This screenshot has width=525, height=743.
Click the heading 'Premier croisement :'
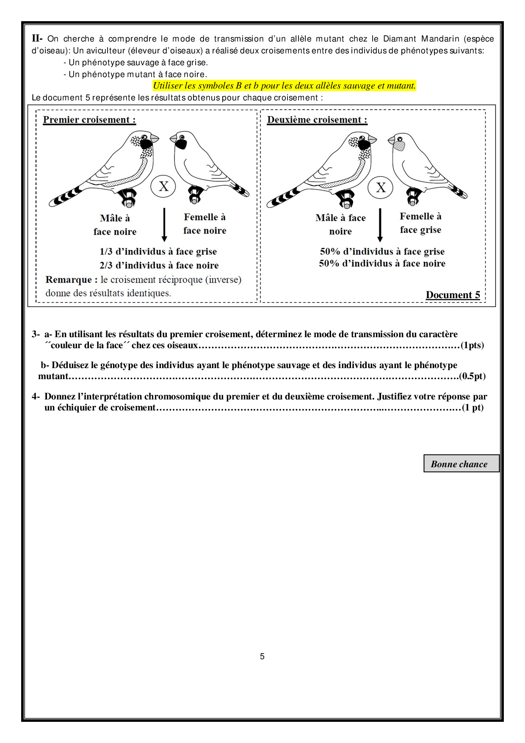pos(89,120)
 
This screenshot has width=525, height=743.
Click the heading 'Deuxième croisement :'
pos(317,120)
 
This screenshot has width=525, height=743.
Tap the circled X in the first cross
pos(163,186)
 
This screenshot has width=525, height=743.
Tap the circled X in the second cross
pos(381,187)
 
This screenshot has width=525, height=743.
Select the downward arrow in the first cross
pos(164,225)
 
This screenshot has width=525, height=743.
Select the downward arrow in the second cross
pos(380,225)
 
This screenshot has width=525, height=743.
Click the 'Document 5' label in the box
pos(453,295)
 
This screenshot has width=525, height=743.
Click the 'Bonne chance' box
pos(461,463)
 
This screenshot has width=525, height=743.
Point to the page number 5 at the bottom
pos(262,656)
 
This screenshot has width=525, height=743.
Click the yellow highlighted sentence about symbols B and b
pos(284,86)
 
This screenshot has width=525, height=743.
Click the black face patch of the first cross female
pos(181,144)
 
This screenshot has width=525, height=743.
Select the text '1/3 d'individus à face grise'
pos(158,252)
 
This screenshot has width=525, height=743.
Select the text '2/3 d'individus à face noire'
pos(159,266)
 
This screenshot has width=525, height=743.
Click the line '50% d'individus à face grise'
pos(382,252)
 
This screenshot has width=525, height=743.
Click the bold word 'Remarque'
pos(69,280)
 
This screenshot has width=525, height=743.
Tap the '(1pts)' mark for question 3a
pos(472,345)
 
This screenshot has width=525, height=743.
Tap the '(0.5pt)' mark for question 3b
pos(472,376)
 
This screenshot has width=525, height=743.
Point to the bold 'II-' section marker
pos(37,39)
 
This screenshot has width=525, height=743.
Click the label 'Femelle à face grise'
pos(420,223)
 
